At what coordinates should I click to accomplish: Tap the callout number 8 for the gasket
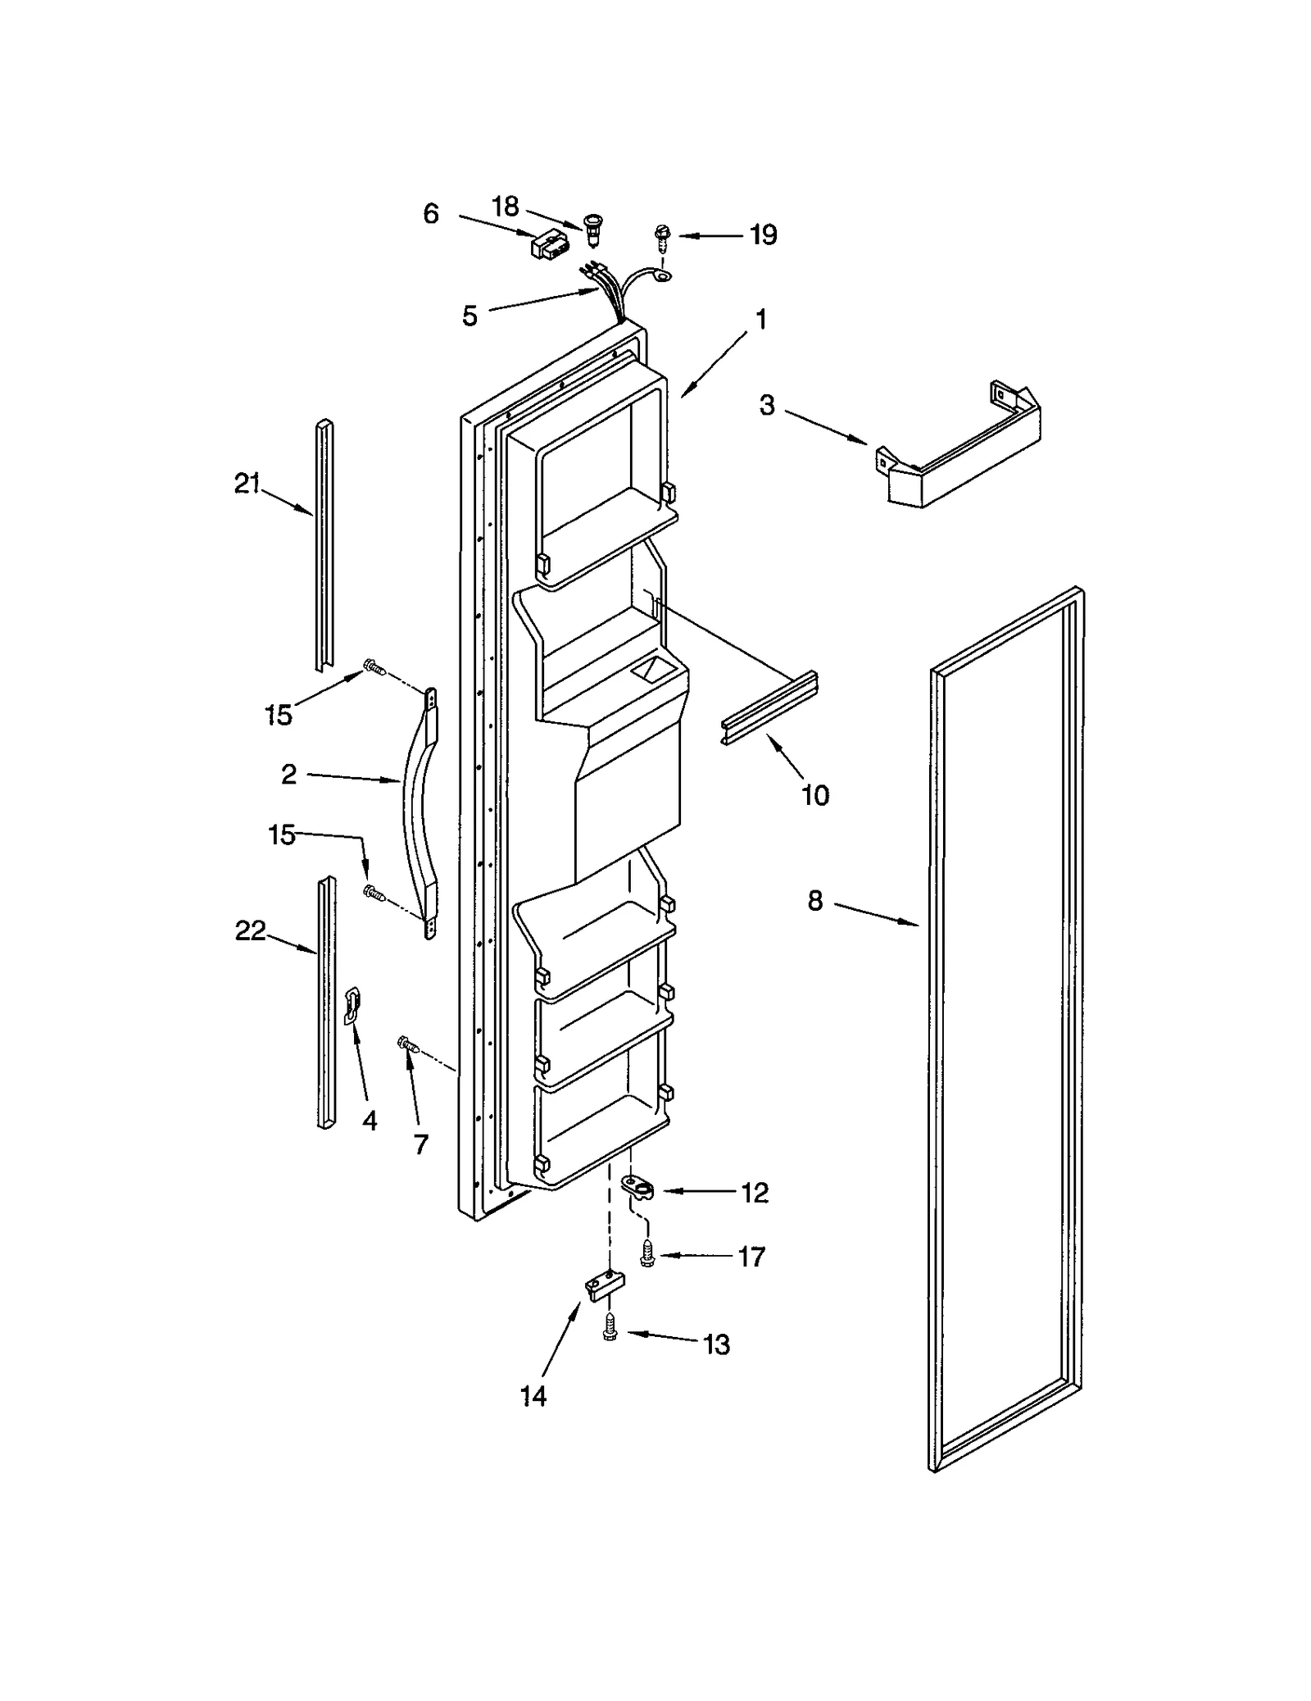coord(814,901)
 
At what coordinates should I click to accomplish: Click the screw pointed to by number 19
coord(660,237)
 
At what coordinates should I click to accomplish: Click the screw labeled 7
coord(407,1044)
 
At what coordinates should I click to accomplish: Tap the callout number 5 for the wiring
coord(470,316)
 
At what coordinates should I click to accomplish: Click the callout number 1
coord(760,319)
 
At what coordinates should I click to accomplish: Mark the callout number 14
coord(533,1396)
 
